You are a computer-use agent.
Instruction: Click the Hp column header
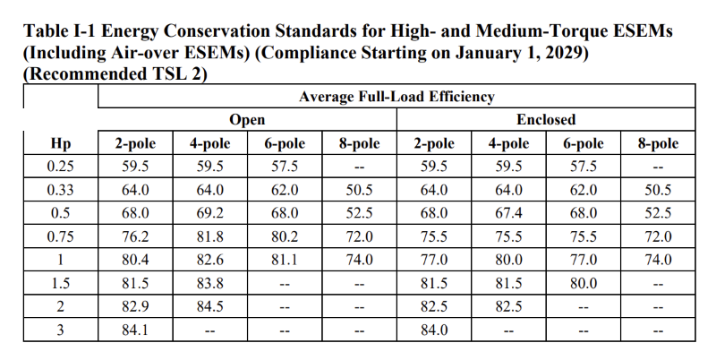coord(61,143)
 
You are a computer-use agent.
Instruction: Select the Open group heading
coord(247,119)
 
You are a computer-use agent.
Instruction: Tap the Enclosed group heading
coord(545,119)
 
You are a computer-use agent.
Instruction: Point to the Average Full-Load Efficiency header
coord(396,96)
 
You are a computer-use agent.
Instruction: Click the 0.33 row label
coord(61,190)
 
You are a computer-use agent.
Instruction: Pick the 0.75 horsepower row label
coord(61,236)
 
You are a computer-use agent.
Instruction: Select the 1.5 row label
coord(61,283)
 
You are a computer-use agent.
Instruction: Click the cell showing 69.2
coord(209,213)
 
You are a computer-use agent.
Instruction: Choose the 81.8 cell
coord(209,236)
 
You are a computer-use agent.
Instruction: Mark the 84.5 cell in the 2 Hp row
coord(209,306)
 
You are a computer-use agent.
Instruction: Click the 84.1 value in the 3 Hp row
coord(135,330)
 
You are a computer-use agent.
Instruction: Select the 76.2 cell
coord(135,236)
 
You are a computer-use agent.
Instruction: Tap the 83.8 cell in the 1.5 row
coord(209,283)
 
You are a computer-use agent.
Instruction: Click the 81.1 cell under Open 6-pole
coord(285,260)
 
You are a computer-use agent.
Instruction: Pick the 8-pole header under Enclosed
coord(658,143)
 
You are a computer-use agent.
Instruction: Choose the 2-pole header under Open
coord(135,143)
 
